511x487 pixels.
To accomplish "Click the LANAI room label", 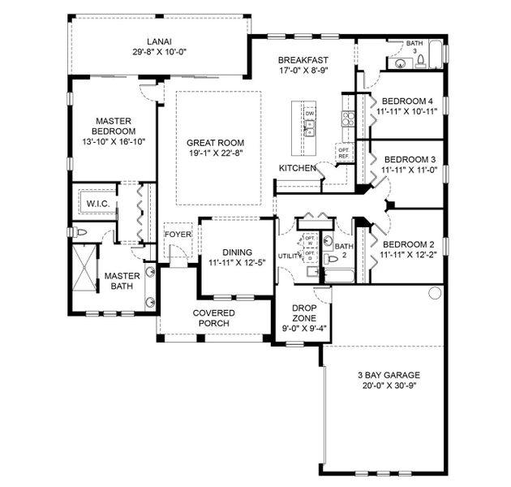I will [x=158, y=41].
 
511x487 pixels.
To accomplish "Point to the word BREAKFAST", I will [x=303, y=60].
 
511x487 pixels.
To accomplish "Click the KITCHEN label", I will [x=297, y=168].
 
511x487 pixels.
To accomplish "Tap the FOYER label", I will [x=178, y=235].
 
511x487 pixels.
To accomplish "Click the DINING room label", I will [x=236, y=252].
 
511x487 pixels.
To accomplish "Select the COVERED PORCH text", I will [x=213, y=318].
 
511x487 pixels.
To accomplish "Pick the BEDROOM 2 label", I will [x=409, y=244].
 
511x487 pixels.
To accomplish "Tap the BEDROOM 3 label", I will [x=410, y=159].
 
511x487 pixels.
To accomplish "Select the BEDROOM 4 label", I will [x=409, y=101].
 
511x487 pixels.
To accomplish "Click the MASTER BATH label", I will [x=122, y=281].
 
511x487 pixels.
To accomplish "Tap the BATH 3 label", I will [x=414, y=47].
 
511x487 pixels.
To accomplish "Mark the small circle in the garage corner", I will [x=433, y=291].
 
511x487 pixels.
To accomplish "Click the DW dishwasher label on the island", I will [x=309, y=114].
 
